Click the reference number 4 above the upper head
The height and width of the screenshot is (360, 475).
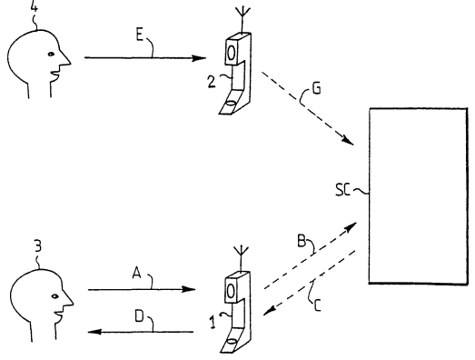[x=35, y=6]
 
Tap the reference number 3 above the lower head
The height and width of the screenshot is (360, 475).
[x=38, y=246]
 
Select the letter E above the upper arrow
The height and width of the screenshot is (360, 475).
[x=139, y=35]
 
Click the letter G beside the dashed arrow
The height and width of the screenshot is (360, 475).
[x=316, y=88]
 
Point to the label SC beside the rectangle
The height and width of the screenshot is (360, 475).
[x=343, y=190]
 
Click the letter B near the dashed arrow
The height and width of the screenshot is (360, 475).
[x=302, y=242]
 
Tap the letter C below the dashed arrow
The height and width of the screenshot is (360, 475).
[x=317, y=305]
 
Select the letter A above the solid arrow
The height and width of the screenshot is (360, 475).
[x=137, y=273]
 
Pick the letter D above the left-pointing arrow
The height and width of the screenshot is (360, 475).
[x=139, y=316]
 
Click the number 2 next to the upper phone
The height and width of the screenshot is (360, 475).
[x=212, y=82]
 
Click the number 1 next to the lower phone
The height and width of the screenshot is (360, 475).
[x=213, y=323]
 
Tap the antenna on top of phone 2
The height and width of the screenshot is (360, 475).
[x=243, y=19]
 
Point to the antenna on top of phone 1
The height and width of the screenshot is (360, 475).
[x=242, y=259]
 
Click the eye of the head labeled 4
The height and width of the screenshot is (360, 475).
[x=51, y=55]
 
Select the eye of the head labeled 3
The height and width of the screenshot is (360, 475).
[x=54, y=296]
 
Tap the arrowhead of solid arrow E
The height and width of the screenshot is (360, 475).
[x=199, y=58]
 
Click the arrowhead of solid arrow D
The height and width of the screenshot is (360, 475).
[x=94, y=332]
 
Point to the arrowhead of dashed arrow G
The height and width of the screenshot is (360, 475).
[x=348, y=140]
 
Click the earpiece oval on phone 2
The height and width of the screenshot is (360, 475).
[x=231, y=53]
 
